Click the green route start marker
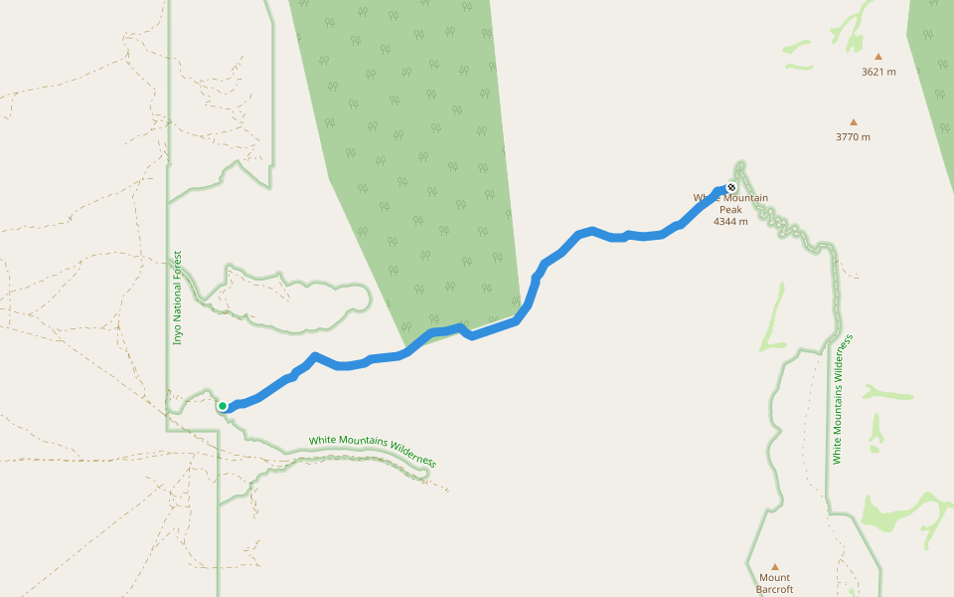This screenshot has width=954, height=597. pos(223,405)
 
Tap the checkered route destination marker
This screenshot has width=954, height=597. pos(731,187)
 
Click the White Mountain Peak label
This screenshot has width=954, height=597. pos(730,203)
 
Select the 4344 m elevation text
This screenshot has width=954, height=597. pos(730,221)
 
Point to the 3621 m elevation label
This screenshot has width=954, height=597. pos(878,72)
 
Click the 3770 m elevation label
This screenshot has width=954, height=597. pos(853,137)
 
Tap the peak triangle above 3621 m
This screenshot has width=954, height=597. pos(878,57)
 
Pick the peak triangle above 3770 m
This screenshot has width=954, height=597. pos(853,122)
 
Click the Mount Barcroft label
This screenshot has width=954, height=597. pos(774,583)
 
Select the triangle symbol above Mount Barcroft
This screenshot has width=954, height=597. pos(775,566)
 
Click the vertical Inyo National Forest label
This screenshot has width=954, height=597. pos(178,297)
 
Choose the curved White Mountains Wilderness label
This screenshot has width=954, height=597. pos(373,450)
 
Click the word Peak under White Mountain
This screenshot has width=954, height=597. pos(730,210)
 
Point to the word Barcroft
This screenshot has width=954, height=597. pos(774,589)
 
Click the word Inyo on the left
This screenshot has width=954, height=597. pos(178,333)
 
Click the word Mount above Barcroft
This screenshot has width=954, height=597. pos(774,577)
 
